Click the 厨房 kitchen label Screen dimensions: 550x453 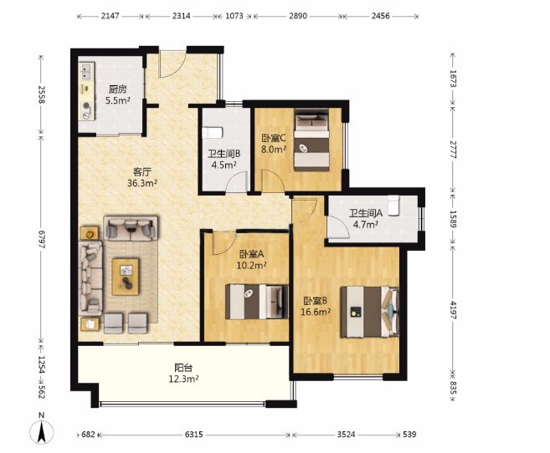(x=117, y=89)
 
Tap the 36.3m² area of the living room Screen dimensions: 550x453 (x=142, y=183)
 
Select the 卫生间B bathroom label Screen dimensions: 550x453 (x=224, y=154)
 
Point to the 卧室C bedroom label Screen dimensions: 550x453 (x=274, y=138)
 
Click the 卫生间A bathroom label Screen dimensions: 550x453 (x=366, y=213)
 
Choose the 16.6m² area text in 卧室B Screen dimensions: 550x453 (x=316, y=312)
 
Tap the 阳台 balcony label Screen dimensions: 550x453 (x=183, y=368)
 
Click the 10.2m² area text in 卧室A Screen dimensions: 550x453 (x=251, y=265)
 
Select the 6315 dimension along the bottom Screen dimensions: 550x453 (x=193, y=435)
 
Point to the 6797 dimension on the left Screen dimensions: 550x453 (x=42, y=239)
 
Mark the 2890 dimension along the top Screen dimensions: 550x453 (x=298, y=16)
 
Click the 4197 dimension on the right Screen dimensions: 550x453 (x=453, y=310)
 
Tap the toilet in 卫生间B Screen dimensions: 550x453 (x=212, y=133)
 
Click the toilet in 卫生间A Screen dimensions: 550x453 (x=393, y=205)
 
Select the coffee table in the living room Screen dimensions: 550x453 (x=126, y=277)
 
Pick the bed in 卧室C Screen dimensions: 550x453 (x=311, y=140)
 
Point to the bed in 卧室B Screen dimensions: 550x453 (x=370, y=312)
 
